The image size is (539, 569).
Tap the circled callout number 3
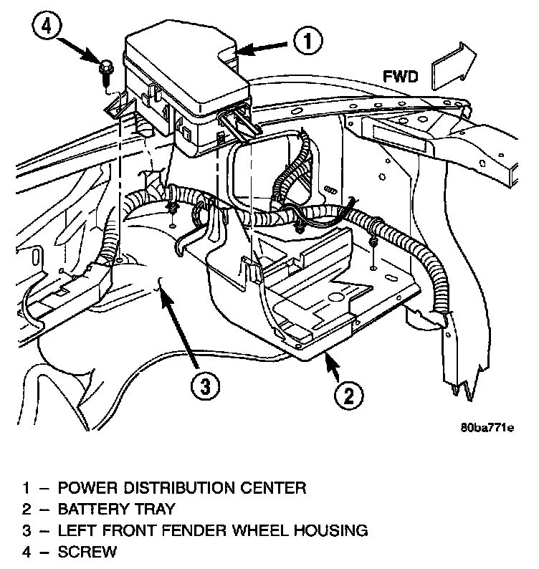[205, 387]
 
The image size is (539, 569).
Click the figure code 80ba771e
[487, 429]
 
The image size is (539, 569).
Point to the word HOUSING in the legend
[332, 531]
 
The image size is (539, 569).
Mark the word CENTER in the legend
[275, 489]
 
